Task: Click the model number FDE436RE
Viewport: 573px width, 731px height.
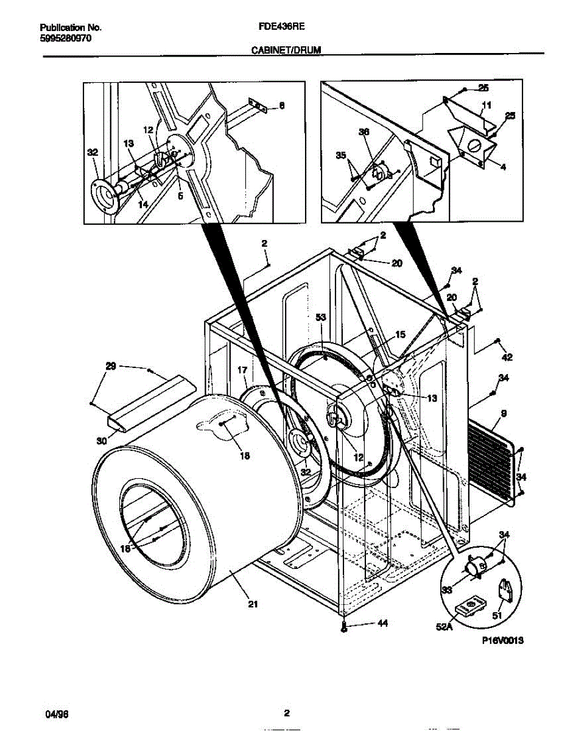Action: [x=275, y=27]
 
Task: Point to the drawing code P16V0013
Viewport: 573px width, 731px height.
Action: [x=503, y=640]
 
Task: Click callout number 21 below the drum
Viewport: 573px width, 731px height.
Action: [x=253, y=604]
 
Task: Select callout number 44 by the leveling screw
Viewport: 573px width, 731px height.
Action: [x=382, y=624]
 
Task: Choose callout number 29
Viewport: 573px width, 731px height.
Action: [x=110, y=365]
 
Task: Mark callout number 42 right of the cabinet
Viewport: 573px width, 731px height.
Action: [x=507, y=357]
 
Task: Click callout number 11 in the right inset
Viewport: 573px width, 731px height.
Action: [x=486, y=105]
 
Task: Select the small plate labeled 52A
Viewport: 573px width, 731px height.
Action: [x=470, y=606]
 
